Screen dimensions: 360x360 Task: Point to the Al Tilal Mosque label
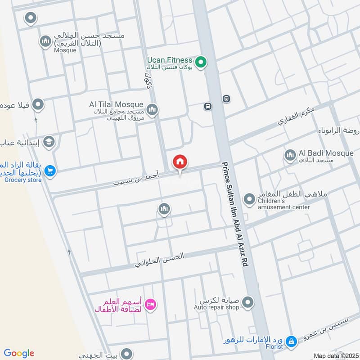(116, 104)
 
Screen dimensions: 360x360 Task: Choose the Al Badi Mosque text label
(326, 153)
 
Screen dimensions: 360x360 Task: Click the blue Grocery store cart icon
(49, 171)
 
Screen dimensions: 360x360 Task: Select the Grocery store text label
(23, 180)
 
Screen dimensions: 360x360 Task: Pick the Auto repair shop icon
(248, 302)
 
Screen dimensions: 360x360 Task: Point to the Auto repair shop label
(216, 307)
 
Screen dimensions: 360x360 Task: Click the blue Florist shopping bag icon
(291, 342)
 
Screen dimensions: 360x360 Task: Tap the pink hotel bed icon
(151, 305)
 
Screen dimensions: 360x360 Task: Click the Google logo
(19, 353)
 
